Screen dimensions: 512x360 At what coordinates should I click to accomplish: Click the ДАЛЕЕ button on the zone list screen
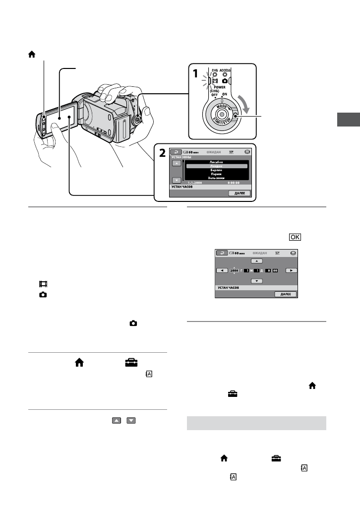(x=240, y=193)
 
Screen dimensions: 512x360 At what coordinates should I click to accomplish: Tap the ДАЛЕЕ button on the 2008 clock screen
(x=286, y=294)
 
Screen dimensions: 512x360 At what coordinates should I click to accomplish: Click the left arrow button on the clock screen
(x=223, y=271)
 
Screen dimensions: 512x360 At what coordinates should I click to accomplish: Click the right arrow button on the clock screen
(x=290, y=271)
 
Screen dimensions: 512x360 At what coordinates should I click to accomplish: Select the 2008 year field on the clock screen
(x=235, y=271)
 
